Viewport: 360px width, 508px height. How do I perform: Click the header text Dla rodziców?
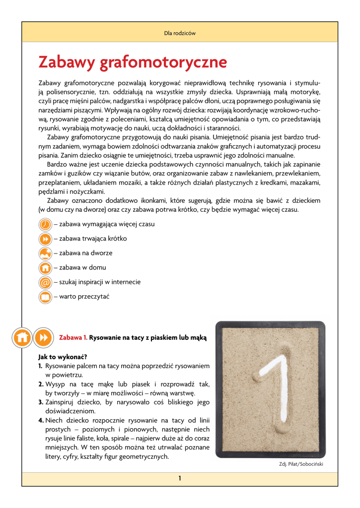point(180,34)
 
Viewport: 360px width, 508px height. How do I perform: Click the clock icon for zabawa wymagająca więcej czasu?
point(45,224)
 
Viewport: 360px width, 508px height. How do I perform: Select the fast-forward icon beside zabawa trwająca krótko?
point(45,239)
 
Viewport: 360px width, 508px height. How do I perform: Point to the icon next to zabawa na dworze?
point(45,254)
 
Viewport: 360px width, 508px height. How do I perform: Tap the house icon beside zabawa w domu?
point(45,268)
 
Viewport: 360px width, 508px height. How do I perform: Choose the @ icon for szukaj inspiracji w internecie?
point(45,282)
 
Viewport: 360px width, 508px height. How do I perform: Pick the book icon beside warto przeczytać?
point(45,297)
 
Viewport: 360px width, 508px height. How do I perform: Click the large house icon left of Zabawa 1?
point(22,337)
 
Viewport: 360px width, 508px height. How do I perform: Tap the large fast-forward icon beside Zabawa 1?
point(43,337)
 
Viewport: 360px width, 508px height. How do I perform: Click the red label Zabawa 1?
point(73,338)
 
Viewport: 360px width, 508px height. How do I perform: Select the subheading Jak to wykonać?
point(63,357)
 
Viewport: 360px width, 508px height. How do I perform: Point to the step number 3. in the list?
point(41,402)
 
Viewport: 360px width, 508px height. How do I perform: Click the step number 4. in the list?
point(41,420)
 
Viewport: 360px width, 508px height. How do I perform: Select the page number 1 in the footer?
point(180,478)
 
